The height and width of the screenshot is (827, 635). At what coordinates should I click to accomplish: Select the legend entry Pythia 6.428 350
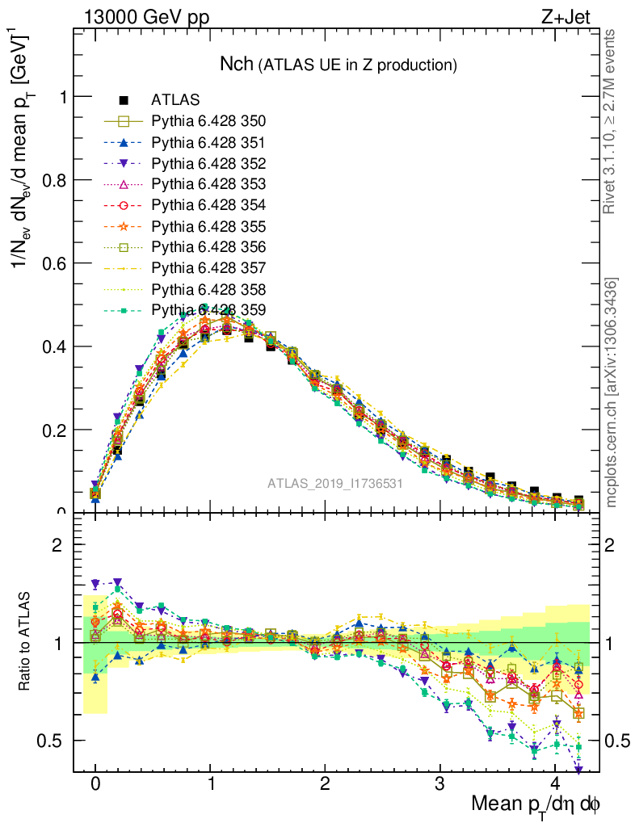pyautogui.click(x=208, y=122)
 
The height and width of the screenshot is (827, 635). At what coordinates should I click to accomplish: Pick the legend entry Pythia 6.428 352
pyautogui.click(x=208, y=163)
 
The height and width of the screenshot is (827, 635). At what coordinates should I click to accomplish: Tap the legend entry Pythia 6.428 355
pyautogui.click(x=208, y=226)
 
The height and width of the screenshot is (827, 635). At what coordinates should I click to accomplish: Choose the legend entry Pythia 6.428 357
pyautogui.click(x=208, y=267)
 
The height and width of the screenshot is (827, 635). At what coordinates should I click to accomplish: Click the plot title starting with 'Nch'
pyautogui.click(x=339, y=64)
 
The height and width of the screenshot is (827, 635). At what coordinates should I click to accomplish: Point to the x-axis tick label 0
pyautogui.click(x=95, y=783)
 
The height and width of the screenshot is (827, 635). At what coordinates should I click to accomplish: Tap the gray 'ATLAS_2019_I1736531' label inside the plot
pyautogui.click(x=335, y=484)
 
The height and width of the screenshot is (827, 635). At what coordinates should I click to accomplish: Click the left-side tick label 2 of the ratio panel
pyautogui.click(x=57, y=545)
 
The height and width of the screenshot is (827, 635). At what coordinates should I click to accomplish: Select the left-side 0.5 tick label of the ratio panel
pyautogui.click(x=52, y=741)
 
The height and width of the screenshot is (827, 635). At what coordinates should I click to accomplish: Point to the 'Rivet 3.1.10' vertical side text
pyautogui.click(x=612, y=122)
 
